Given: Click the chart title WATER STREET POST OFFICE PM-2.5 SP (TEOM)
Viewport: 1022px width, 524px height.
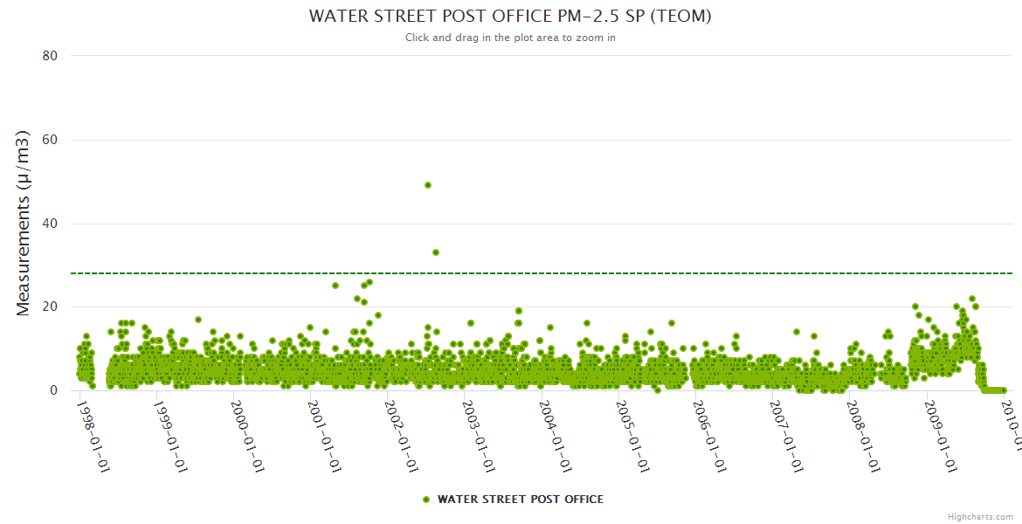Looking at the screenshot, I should click(510, 17).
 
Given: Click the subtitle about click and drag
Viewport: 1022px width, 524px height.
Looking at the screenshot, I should click(510, 38).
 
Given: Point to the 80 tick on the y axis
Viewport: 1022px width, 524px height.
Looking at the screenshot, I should click(50, 56).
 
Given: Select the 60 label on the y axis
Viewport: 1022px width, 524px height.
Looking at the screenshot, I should click(50, 140).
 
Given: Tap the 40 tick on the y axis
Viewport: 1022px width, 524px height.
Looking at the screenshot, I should click(50, 224).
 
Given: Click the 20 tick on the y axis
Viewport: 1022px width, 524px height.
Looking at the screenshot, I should click(50, 307).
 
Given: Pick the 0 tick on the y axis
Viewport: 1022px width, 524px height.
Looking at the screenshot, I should click(53, 391).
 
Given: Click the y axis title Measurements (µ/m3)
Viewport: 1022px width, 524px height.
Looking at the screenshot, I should click(24, 223).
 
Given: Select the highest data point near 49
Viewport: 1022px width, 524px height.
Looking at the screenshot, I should click(428, 185).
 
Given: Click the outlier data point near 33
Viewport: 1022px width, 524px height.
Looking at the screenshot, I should click(436, 252).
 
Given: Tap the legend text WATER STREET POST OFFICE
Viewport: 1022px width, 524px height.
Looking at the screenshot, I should click(520, 500).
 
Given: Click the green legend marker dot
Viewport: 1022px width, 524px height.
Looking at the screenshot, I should click(426, 500).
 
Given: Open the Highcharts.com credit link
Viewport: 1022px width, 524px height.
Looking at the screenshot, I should click(980, 516).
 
